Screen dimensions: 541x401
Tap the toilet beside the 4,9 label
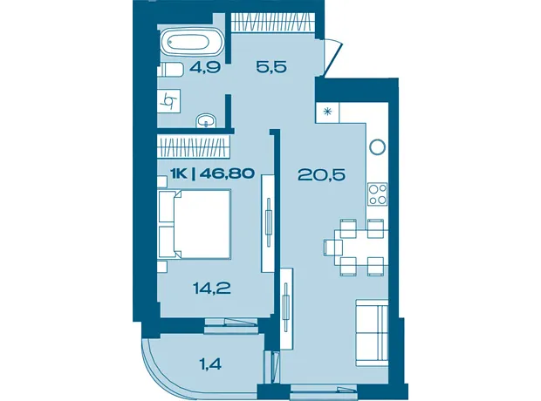pos(170,70)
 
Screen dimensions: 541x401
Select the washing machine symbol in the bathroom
pos(169,100)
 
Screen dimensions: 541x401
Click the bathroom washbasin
pos(206,121)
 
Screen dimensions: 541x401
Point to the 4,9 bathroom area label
pos(204,67)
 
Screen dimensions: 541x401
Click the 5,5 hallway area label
pos(271,66)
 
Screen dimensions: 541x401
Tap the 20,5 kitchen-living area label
pos(321,175)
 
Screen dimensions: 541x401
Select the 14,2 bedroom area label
pos(211,288)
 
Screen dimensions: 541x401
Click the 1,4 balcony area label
pos(209,364)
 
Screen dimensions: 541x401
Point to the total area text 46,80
pos(227,173)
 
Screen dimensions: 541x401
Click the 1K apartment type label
pos(179,173)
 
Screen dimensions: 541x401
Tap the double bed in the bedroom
pos(195,224)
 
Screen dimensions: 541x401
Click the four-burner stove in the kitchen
pos(378,194)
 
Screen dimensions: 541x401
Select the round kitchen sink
pos(377,146)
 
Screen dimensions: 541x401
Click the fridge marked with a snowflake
pos(327,112)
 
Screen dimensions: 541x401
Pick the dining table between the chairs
pos(361,248)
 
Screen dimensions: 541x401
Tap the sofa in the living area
pos(372,333)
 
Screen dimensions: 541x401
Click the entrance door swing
pos(333,57)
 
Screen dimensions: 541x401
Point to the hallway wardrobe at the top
pos(272,23)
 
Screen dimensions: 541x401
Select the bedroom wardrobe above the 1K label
pos(193,146)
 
